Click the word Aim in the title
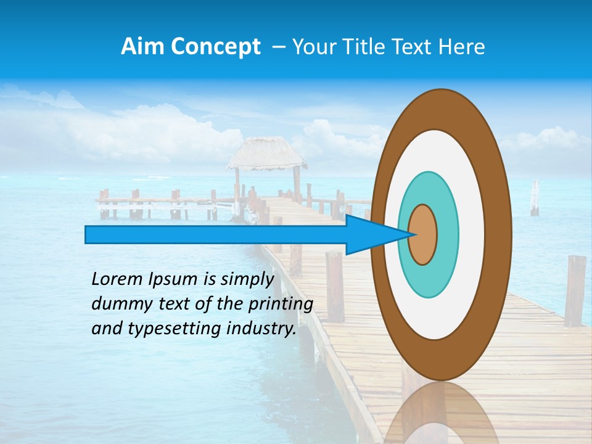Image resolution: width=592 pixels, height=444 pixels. click(x=144, y=47)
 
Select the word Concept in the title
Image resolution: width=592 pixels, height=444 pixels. click(x=216, y=47)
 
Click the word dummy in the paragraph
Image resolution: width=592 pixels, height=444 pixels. click(x=117, y=304)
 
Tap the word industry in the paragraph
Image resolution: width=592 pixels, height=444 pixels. click(x=257, y=329)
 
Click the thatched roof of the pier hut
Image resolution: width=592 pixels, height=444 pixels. click(x=266, y=154)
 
